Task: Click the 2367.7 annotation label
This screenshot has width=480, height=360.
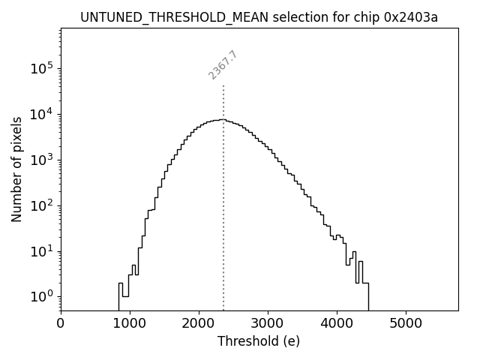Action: (x=223, y=65)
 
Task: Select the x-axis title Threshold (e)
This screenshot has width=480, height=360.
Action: (x=259, y=341)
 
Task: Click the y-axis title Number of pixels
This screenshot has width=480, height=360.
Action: (x=16, y=169)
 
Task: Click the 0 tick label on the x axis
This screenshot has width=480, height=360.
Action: (x=61, y=323)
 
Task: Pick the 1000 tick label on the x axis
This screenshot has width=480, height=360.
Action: (x=130, y=323)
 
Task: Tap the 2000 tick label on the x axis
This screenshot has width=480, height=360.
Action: (x=199, y=323)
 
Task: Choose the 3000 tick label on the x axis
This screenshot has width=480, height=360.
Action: (x=268, y=323)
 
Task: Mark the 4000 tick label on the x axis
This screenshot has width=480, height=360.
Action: (x=337, y=323)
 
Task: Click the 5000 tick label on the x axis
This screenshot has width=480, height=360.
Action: (x=406, y=323)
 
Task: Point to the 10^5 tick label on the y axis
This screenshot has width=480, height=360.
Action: (x=40, y=69)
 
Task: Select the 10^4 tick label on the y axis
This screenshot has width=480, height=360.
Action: (x=40, y=115)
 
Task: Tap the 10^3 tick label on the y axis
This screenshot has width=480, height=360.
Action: (x=40, y=160)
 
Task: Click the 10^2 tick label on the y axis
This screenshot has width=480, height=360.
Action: (x=40, y=205)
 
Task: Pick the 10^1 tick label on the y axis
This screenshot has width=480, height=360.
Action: (x=40, y=251)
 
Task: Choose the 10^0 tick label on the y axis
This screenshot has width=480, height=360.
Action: (x=40, y=297)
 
